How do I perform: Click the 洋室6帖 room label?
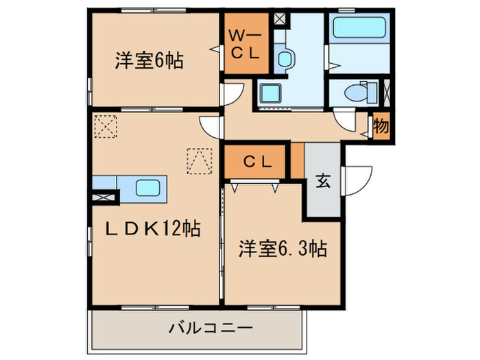coord(147,60)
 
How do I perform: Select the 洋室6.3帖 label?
coord(282,249)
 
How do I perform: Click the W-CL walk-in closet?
coord(243,44)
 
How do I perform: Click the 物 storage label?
coord(381,127)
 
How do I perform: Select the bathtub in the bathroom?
coord(359,31)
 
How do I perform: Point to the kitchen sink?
coord(148,187)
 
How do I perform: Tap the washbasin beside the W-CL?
coord(285,58)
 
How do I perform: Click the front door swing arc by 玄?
coord(358,180)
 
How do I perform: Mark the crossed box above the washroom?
coord(280,19)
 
